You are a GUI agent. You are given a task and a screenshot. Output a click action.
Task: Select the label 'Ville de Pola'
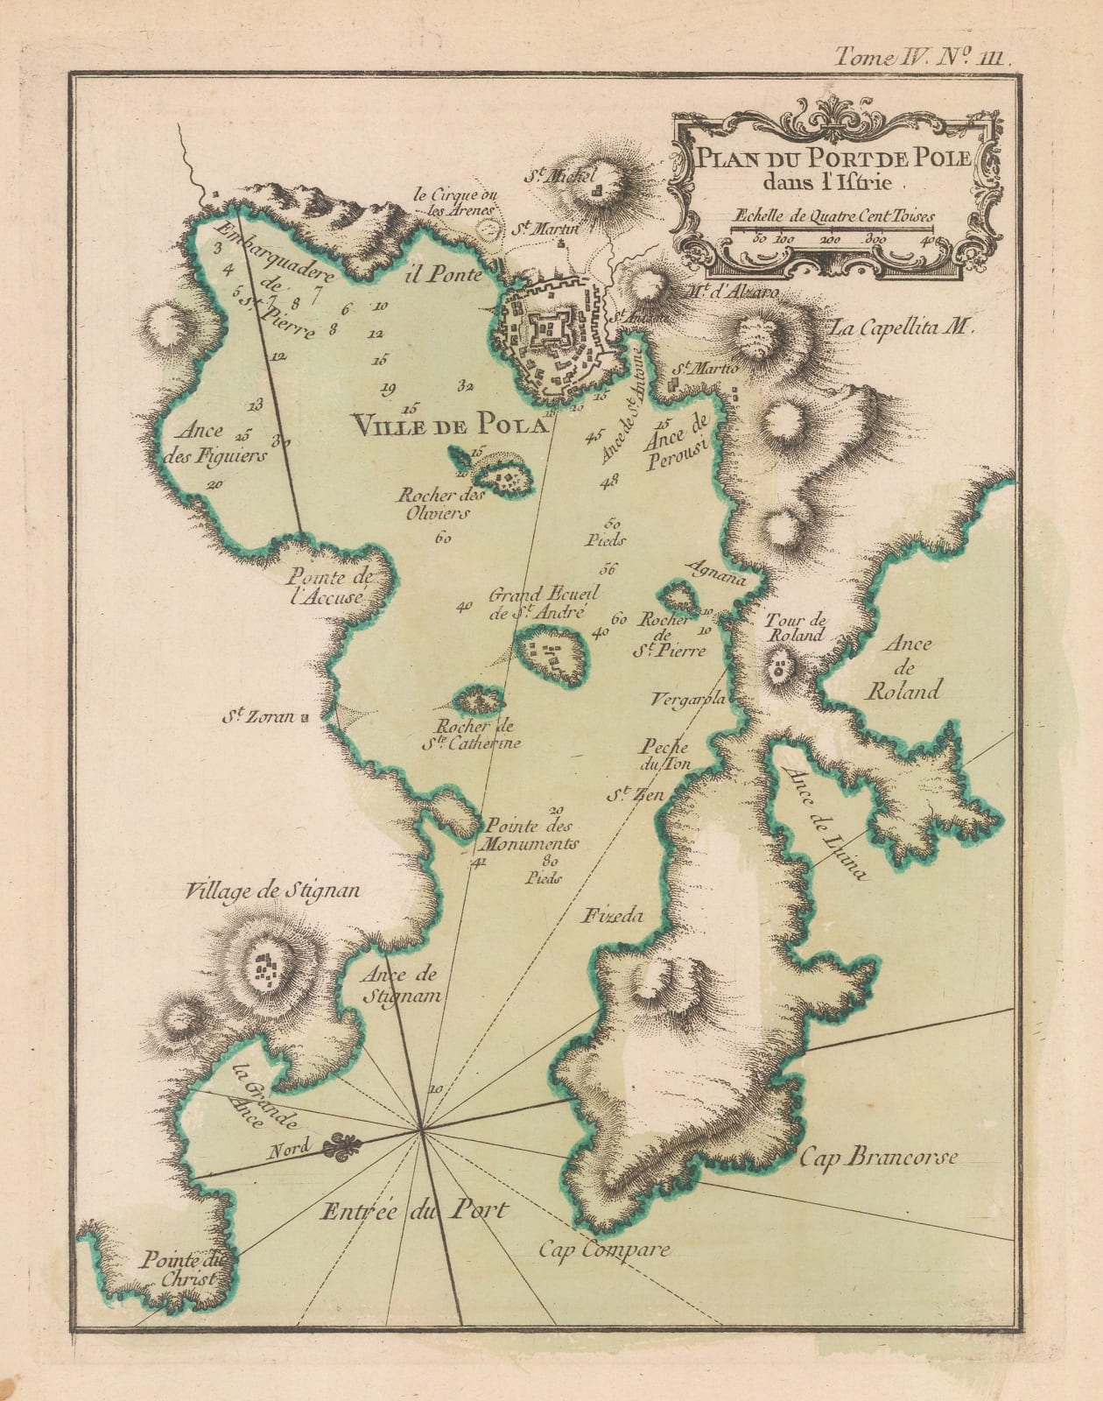coord(448,426)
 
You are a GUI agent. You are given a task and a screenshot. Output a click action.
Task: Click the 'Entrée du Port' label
coord(414,1212)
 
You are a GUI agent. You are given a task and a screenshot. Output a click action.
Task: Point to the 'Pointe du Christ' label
coord(186,1269)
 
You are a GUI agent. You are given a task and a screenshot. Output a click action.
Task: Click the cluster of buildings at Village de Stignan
coord(263,968)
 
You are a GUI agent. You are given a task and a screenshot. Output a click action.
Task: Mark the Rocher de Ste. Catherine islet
coord(478,700)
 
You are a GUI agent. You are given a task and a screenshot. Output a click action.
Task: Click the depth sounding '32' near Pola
coord(464,385)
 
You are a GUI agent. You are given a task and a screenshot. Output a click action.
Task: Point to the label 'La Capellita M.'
coord(901,328)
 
